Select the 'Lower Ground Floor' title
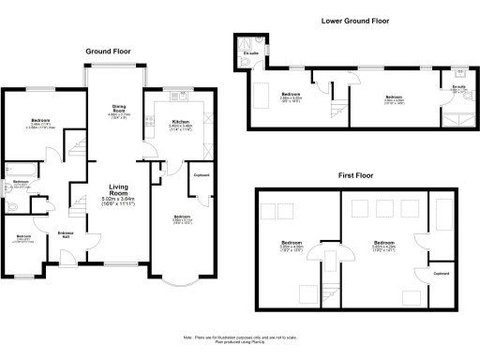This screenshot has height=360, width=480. pyautogui.click(x=355, y=19)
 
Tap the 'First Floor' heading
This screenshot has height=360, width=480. pyautogui.click(x=355, y=174)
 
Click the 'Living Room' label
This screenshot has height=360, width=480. pyautogui.click(x=119, y=187)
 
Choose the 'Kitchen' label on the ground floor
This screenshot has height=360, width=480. pyautogui.click(x=181, y=120)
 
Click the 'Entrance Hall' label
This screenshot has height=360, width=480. pyautogui.click(x=67, y=233)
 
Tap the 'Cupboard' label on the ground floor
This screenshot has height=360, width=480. pyautogui.click(x=201, y=175)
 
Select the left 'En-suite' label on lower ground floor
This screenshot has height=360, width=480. pyautogui.click(x=250, y=54)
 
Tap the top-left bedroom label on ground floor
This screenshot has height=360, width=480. pyautogui.click(x=41, y=123)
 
